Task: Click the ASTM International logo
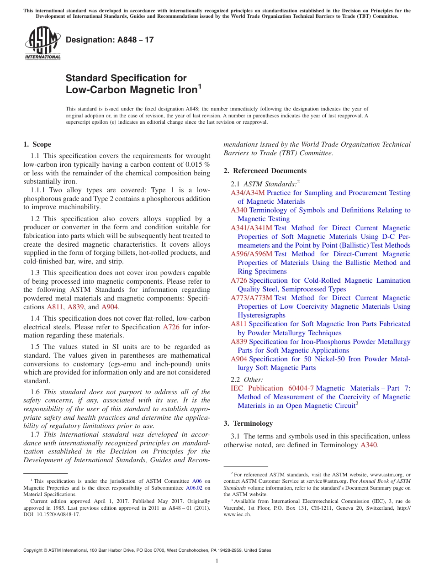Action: [42, 44]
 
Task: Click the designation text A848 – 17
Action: [110, 40]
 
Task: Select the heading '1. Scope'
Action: [37, 144]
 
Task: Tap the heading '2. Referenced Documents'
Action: [265, 171]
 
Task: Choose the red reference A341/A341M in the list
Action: [251, 228]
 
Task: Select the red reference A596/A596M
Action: [251, 254]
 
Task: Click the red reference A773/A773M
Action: [251, 298]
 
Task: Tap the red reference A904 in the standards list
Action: [239, 359]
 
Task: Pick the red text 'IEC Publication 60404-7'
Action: [272, 388]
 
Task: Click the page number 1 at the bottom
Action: [217, 561]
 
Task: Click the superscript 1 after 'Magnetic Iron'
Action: [200, 86]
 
